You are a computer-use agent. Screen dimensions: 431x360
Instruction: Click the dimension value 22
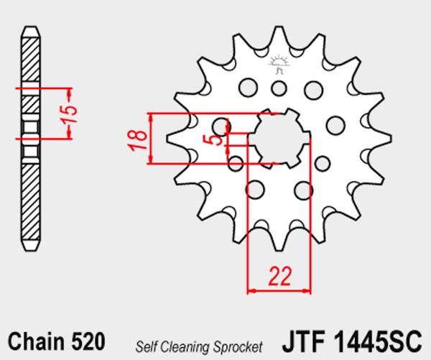279,276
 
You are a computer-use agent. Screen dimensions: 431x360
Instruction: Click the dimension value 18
138,139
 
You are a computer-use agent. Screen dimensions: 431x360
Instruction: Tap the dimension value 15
69,114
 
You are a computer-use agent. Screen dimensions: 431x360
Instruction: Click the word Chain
36,341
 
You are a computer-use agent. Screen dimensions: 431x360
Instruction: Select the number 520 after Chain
88,341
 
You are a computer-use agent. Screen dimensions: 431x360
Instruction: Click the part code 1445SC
378,341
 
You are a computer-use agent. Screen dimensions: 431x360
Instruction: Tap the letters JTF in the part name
304,341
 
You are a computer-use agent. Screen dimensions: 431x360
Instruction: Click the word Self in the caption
147,347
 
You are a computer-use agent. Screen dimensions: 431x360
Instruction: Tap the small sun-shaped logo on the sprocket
279,64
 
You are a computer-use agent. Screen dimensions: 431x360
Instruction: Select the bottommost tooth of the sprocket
279,240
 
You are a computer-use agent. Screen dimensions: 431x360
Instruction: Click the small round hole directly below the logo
279,88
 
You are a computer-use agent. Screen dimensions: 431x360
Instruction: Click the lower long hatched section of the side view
30,201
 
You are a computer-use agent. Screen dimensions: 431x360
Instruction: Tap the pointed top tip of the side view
30,27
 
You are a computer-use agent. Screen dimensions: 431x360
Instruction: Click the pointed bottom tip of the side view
30,250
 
